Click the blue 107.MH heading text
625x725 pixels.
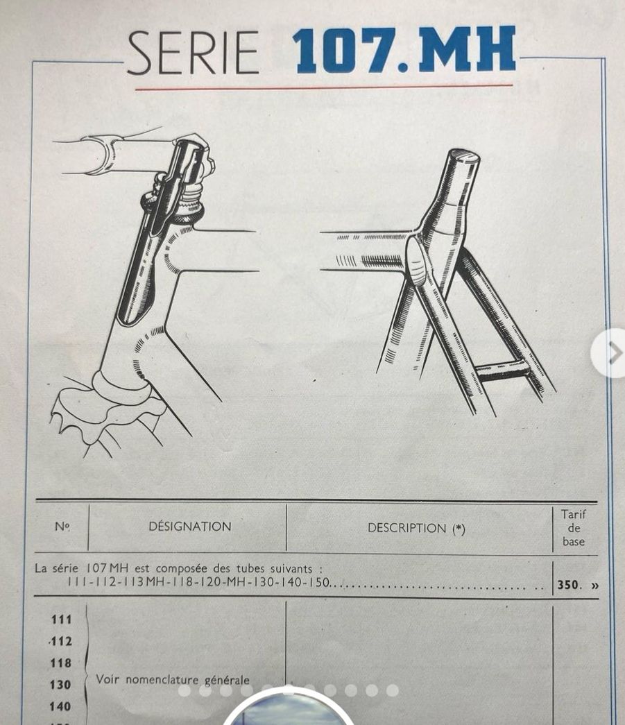click(x=404, y=50)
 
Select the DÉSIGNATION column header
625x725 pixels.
click(x=190, y=527)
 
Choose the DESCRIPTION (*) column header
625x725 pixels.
click(x=416, y=528)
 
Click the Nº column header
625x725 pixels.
click(x=62, y=527)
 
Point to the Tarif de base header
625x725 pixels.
click(x=574, y=527)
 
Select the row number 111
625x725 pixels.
click(x=60, y=619)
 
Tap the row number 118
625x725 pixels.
click(x=60, y=663)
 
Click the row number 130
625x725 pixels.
click(x=60, y=685)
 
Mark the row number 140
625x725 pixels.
click(x=60, y=706)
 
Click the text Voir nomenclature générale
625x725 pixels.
click(x=173, y=680)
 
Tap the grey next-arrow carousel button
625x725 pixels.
click(x=611, y=354)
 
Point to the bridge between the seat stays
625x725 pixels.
click(x=501, y=371)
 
